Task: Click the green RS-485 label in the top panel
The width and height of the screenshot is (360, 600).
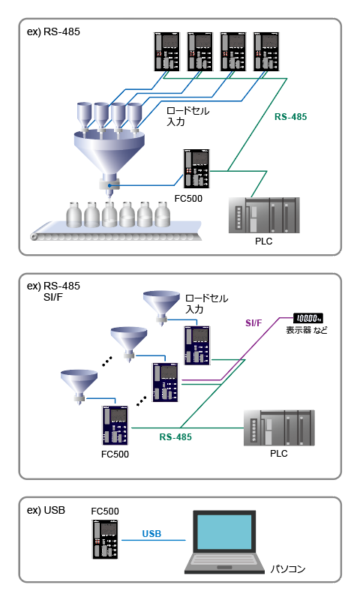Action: (x=290, y=117)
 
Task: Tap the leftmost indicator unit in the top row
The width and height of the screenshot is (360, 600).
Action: (x=166, y=52)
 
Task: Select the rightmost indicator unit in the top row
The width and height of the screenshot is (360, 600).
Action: (x=268, y=52)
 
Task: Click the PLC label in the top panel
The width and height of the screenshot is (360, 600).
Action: (x=263, y=241)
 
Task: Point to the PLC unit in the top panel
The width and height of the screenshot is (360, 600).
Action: (x=264, y=216)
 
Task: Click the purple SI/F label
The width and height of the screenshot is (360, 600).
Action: (x=254, y=322)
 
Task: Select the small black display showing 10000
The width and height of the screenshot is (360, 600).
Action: (x=309, y=317)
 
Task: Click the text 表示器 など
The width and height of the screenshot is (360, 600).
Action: (x=307, y=330)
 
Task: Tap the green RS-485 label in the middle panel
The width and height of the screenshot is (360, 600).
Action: (x=176, y=436)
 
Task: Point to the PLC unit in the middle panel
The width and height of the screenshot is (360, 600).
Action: (x=278, y=428)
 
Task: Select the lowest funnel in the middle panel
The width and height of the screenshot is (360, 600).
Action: (x=79, y=382)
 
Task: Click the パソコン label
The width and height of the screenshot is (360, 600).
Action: (x=289, y=570)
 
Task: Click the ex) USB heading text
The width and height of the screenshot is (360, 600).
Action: (x=46, y=510)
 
